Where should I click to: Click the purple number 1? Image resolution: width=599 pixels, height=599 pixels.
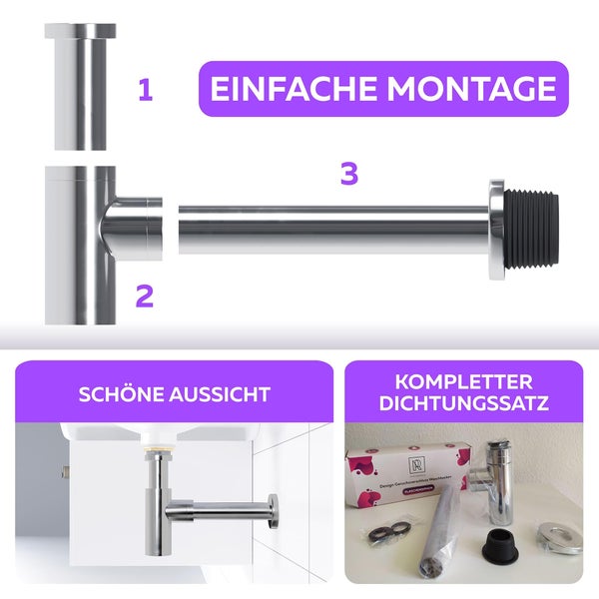(146, 92)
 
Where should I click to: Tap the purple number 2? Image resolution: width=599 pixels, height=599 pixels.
(145, 296)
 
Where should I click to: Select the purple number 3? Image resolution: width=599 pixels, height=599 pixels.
(348, 174)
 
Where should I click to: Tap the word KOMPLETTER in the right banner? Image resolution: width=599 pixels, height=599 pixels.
(463, 382)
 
